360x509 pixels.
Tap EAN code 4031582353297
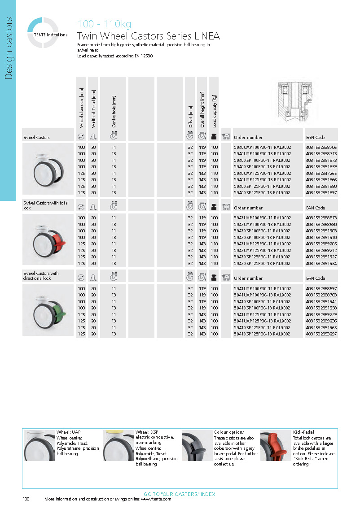point(321,334)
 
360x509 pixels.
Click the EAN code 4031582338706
point(321,147)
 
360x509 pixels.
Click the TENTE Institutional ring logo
point(43,32)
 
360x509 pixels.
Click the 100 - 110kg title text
point(105,24)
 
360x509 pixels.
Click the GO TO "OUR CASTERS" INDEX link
point(180,494)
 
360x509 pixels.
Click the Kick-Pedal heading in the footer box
point(304,432)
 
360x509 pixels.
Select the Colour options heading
point(229,432)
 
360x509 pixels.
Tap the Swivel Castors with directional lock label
point(41,276)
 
